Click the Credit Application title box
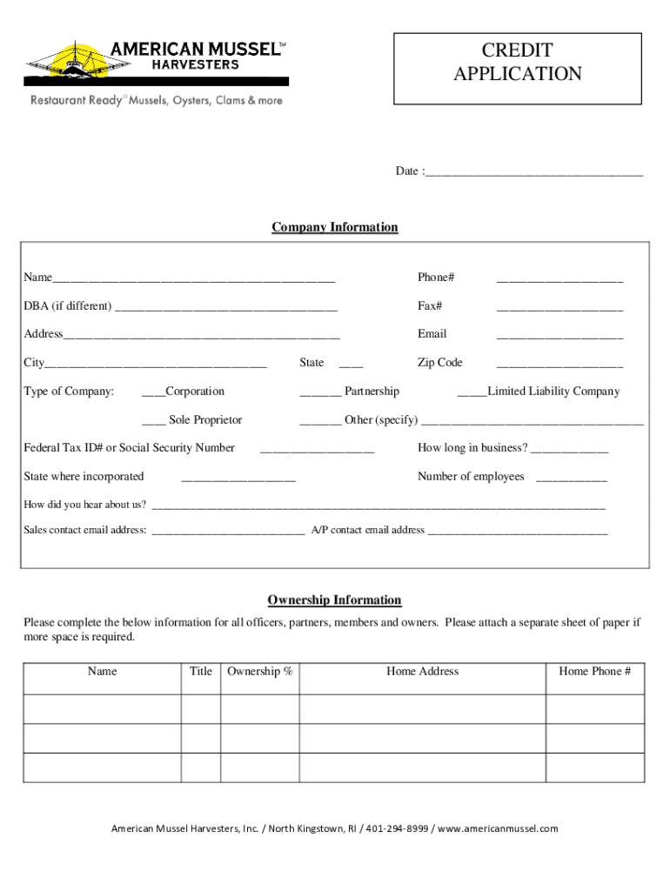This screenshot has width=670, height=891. (518, 63)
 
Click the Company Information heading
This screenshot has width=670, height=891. (335, 228)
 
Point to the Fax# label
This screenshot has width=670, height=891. (430, 306)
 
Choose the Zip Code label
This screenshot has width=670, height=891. (440, 363)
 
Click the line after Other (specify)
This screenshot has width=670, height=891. (532, 423)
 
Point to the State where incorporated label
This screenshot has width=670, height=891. (84, 477)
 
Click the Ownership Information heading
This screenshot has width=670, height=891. (334, 600)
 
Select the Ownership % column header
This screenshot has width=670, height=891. (259, 672)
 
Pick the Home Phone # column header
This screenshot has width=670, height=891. (594, 672)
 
